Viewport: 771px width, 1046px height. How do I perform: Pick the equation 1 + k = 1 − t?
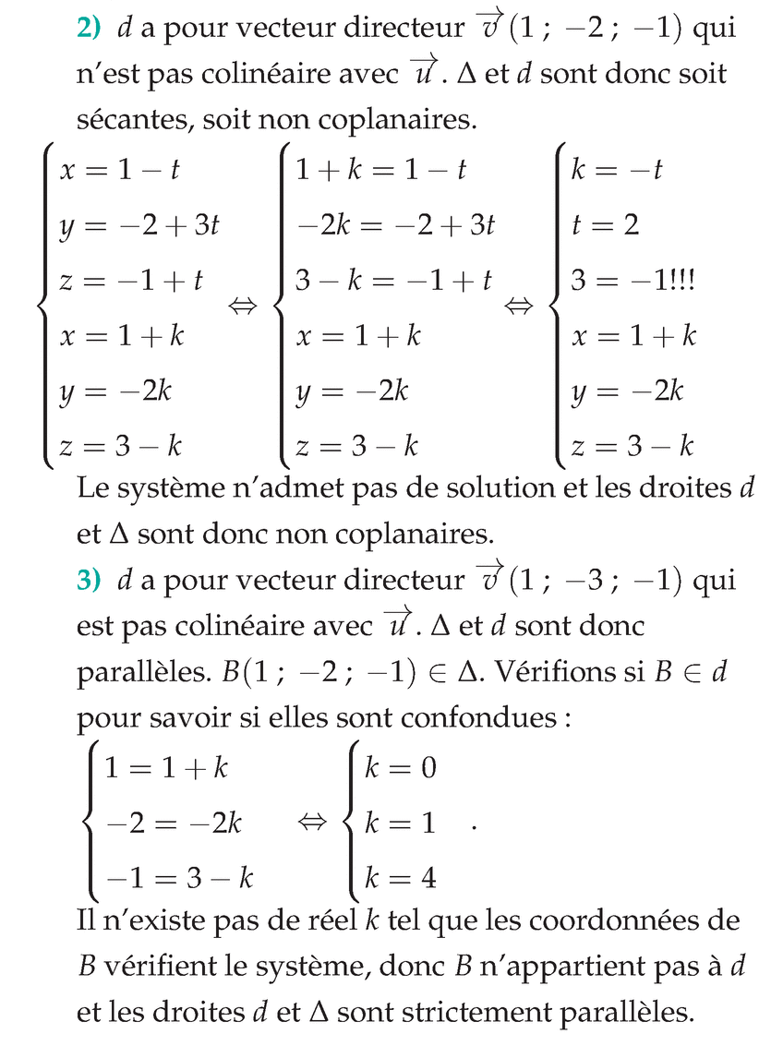click(380, 171)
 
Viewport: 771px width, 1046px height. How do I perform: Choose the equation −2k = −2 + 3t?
click(395, 226)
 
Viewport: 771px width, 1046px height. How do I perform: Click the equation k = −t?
click(616, 171)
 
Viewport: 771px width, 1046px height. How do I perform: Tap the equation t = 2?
click(605, 226)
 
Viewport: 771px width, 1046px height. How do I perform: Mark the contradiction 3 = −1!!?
click(632, 282)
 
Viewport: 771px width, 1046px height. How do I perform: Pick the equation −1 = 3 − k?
click(179, 878)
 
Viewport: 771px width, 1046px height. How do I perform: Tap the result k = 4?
click(400, 878)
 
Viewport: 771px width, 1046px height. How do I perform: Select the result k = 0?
click(400, 769)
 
